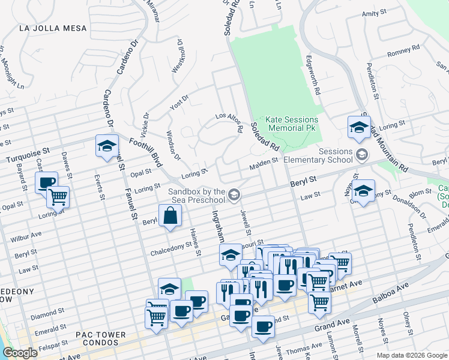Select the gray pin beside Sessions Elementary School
click(x=361, y=155)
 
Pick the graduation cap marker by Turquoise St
click(x=107, y=146)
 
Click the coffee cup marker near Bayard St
click(x=46, y=182)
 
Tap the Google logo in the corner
click(x=20, y=353)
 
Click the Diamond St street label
click(x=44, y=314)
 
